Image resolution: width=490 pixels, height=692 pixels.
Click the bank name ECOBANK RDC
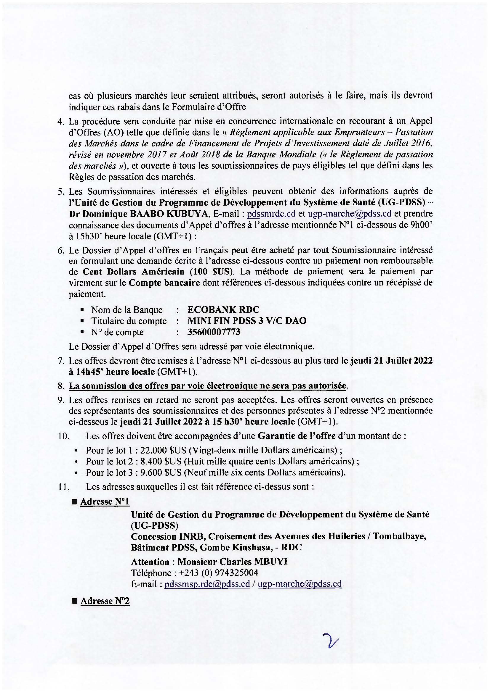pos(223,309)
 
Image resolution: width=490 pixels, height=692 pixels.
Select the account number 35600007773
pos(214,332)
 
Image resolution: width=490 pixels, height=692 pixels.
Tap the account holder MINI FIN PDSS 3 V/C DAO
pos(247,321)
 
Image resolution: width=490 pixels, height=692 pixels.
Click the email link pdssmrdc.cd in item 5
pos(271,214)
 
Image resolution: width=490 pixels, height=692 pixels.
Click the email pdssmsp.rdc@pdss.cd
pos(207,584)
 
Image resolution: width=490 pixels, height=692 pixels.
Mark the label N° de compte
pos(117,332)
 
